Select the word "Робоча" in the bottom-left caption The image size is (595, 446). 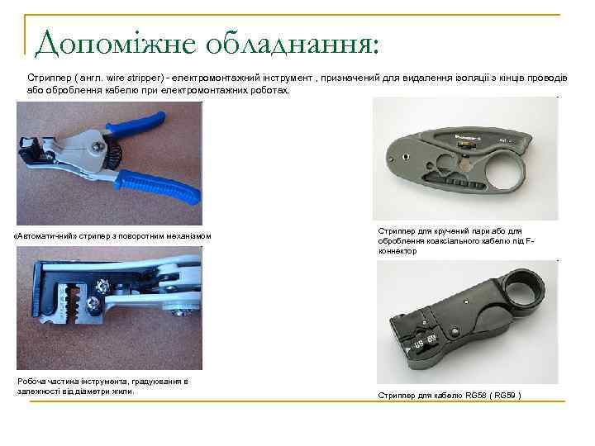[x=32, y=381]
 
